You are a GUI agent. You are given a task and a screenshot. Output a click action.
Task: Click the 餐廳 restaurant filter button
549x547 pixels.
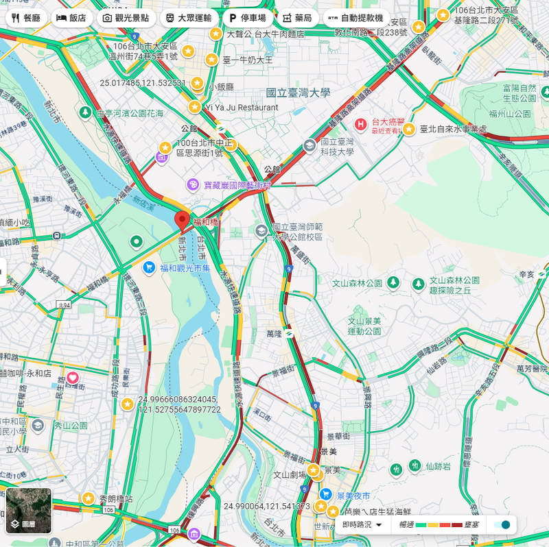pos(26,18)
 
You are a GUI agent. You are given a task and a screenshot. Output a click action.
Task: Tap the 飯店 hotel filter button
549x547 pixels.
pos(71,18)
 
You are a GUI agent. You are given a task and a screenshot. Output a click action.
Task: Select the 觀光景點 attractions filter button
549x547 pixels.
pos(126,18)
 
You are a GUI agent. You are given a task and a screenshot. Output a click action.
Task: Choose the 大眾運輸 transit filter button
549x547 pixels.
pos(189,18)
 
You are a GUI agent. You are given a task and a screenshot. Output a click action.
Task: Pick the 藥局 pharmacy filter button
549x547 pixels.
pos(296,18)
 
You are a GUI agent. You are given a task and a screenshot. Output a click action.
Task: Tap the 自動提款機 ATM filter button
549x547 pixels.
pos(356,18)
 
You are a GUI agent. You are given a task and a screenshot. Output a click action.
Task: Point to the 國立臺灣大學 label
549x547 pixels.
pos(298,93)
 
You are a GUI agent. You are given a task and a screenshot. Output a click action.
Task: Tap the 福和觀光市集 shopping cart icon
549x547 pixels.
pos(149,267)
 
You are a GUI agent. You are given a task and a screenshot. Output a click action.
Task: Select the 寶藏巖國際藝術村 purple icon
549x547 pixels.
pos(193,185)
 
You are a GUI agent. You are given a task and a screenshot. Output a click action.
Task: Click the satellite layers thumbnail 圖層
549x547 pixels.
pos(29,511)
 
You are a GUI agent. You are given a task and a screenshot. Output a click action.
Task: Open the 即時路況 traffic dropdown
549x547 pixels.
pos(362,524)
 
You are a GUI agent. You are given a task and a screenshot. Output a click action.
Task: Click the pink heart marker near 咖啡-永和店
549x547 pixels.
pos(73,378)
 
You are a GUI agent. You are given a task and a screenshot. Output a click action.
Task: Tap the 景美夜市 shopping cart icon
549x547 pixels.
pos(326,494)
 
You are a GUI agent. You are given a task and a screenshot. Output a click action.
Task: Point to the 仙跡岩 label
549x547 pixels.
pos(438,467)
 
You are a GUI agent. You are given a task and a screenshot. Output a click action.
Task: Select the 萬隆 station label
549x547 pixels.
pos(274,334)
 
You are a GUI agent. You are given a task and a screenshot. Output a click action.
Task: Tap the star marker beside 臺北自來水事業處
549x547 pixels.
pos(409,129)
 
